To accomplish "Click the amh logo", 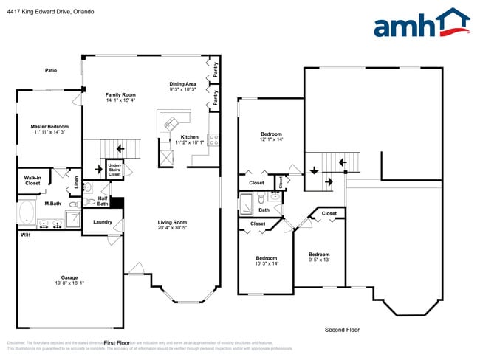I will pos(421,24).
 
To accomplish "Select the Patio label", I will pos(50,70).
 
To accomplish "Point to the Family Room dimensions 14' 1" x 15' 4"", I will pos(120,100).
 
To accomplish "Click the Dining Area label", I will pos(182,83).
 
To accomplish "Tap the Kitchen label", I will pos(190,137).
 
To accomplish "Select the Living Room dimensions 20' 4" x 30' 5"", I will pos(171,227).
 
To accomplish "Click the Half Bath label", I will pos(102,200).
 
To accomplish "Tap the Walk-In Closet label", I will pos(32,180).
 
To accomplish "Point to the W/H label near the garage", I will pos(25,235).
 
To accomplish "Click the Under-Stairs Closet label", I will pos(114,170).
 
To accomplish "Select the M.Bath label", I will pos(52,204).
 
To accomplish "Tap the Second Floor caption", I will pos(342,329).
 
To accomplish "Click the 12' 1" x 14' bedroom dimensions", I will pos(271,139).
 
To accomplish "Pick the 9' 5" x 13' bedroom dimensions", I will pos(319,260).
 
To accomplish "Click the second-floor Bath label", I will pos(263,210).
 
